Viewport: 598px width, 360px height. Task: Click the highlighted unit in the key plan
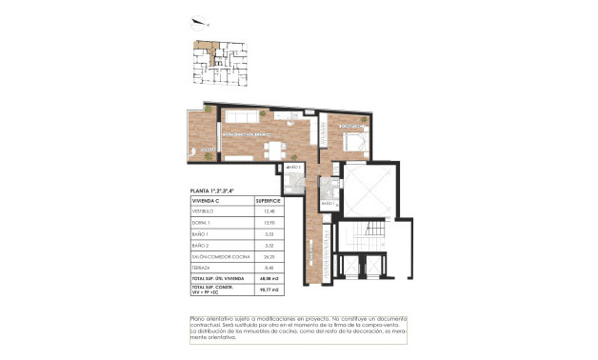pos(204,45)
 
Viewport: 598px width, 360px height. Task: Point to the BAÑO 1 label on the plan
pos(328,204)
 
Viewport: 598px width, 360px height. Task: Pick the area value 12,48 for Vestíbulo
pos(269,212)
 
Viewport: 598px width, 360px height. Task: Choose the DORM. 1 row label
pos(204,223)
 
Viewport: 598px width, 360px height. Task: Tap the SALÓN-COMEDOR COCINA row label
pos(219,255)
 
